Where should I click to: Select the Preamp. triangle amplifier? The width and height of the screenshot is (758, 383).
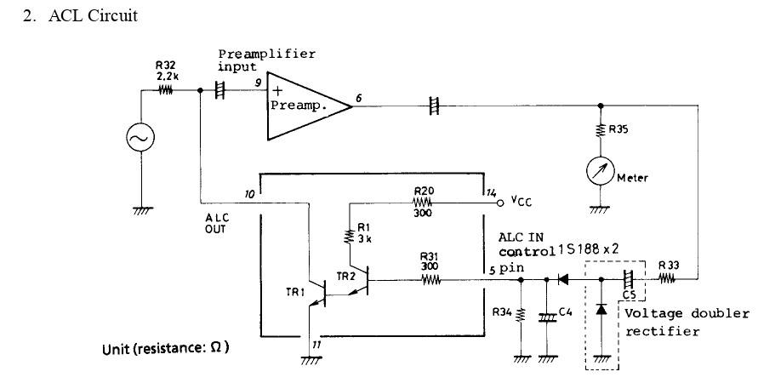(x=302, y=106)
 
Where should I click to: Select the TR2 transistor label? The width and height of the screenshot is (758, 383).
(x=346, y=276)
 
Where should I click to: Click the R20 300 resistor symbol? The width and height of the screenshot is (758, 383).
(x=423, y=204)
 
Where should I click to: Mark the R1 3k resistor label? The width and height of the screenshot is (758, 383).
(x=363, y=232)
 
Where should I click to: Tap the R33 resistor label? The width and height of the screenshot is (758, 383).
(x=670, y=265)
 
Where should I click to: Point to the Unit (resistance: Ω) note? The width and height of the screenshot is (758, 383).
(x=166, y=349)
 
